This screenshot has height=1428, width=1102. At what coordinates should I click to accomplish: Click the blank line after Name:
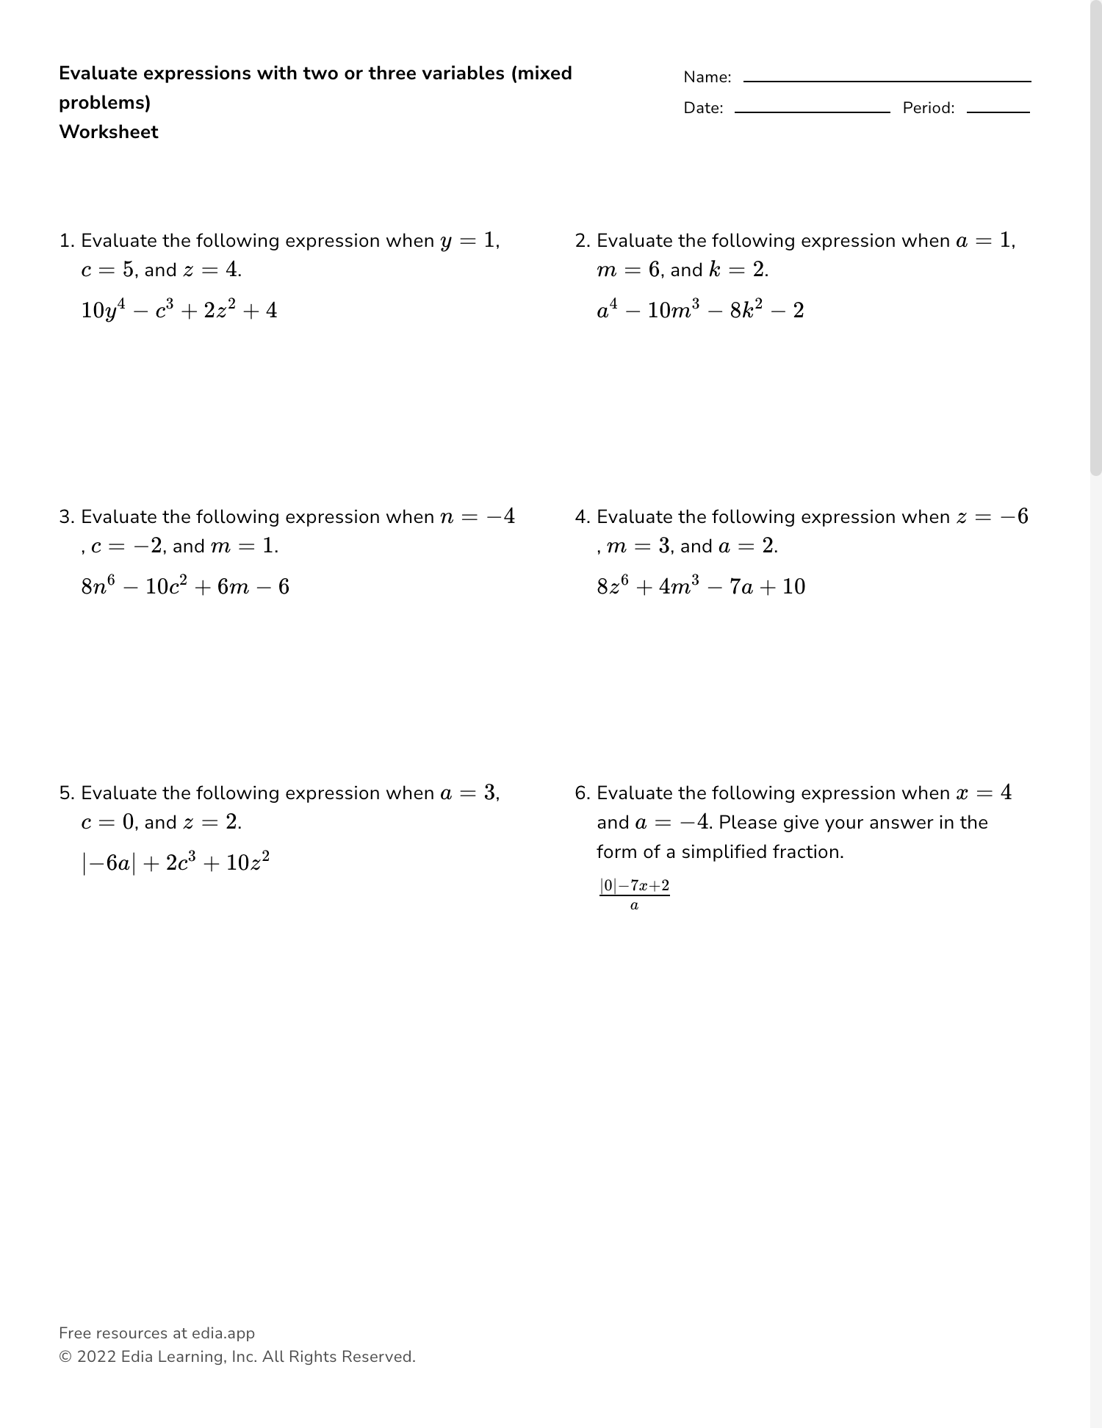887,80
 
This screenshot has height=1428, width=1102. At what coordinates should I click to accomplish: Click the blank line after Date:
812,111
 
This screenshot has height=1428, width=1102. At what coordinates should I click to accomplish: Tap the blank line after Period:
998,111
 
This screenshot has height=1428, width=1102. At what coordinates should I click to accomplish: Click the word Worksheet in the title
109,132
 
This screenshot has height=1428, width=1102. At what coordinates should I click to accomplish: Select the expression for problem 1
179,310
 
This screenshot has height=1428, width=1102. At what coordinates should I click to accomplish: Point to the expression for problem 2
700,310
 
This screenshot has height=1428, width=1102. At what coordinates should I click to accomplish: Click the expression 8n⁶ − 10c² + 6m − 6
185,586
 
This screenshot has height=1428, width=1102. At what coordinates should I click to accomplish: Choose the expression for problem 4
701,586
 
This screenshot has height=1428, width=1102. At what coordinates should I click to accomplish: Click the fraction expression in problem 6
635,894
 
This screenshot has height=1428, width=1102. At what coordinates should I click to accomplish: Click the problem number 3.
66,517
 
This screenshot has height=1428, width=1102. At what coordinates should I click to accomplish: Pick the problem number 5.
66,793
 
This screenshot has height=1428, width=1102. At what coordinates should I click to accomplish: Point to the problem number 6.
582,793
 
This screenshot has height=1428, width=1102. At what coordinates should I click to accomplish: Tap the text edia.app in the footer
223,1333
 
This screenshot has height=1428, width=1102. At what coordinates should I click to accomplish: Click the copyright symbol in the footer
65,1357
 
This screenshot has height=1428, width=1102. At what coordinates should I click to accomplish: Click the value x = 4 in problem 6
984,793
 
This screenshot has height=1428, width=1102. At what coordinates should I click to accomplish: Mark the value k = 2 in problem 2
737,270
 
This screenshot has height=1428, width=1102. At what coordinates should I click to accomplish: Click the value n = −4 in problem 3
478,517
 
